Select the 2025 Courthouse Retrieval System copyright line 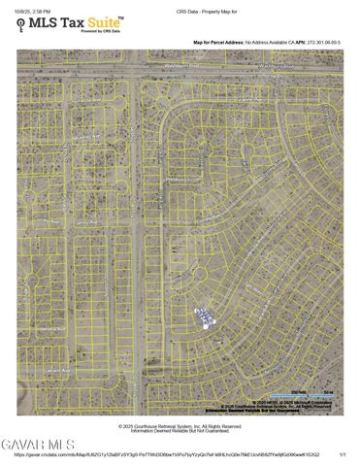(180, 425)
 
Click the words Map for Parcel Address (217, 43)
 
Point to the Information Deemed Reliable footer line (180, 430)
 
